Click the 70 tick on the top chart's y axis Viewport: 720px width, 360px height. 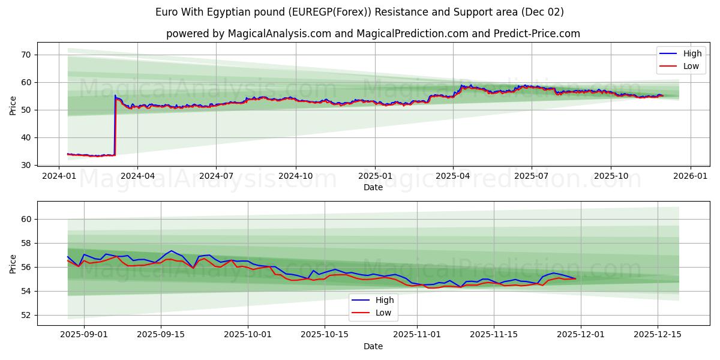27,55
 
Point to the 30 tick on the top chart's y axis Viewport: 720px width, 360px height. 27,165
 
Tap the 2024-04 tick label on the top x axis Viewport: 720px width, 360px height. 137,176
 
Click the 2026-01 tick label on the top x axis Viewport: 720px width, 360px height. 690,176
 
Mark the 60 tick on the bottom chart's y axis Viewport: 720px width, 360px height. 27,220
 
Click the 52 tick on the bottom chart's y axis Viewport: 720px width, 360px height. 27,315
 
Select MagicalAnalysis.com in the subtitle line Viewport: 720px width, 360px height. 279,34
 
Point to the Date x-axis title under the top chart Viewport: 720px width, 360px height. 373,187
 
